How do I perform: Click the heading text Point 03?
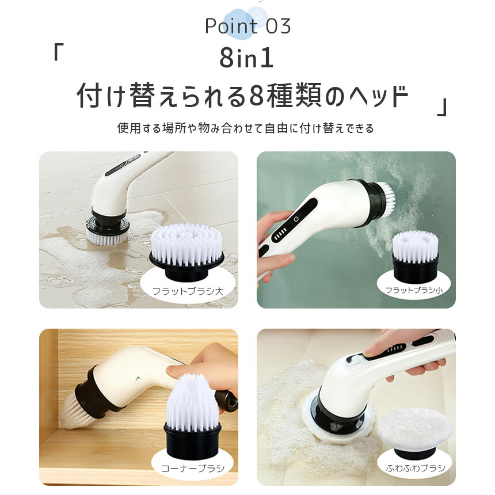pyautogui.click(x=247, y=26)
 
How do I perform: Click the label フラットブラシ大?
pyautogui.click(x=188, y=292)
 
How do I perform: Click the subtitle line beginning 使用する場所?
pyautogui.click(x=246, y=128)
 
